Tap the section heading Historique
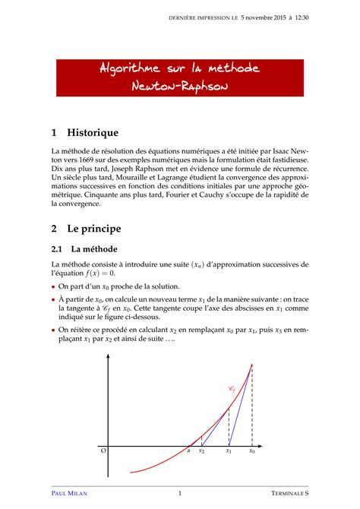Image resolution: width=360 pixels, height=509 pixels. pyautogui.click(x=93, y=132)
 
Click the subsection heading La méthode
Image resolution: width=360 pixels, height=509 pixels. pyautogui.click(x=94, y=248)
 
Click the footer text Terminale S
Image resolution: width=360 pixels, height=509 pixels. pyautogui.click(x=289, y=493)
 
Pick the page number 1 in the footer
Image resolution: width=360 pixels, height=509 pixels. pyautogui.click(x=179, y=493)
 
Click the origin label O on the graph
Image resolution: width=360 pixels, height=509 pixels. pyautogui.click(x=103, y=451)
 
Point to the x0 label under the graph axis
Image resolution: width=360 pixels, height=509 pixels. pyautogui.click(x=252, y=451)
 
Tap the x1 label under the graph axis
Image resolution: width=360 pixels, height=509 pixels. pyautogui.click(x=229, y=451)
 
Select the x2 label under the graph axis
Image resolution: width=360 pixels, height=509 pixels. pyautogui.click(x=202, y=451)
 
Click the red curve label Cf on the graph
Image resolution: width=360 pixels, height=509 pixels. pyautogui.click(x=232, y=389)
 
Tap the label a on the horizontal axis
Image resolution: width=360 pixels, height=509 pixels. pyautogui.click(x=188, y=451)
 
